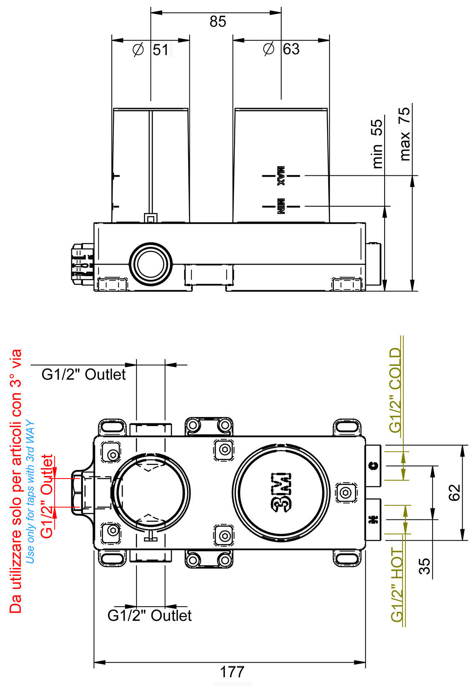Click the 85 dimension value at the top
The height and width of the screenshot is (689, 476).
pos(217,22)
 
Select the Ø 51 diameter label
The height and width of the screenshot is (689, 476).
pos(151,50)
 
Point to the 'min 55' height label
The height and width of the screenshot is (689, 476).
pos(377,144)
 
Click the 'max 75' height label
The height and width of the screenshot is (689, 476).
pos(405,134)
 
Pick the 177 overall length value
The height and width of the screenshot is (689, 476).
pos(232,672)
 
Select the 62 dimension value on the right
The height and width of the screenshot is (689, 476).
pos(455,492)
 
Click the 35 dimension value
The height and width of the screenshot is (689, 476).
pos(425,567)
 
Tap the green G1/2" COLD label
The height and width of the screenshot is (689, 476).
pos(395,390)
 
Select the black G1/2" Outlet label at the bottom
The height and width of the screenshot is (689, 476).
pos(149,616)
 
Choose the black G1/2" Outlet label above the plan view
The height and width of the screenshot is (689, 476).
pos(83,374)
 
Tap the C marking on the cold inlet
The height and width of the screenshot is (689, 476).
pos(374,466)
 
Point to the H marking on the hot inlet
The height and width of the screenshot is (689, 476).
pos(373,520)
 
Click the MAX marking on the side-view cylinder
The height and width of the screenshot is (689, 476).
pos(281,176)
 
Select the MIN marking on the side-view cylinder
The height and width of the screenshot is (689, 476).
pos(281,206)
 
